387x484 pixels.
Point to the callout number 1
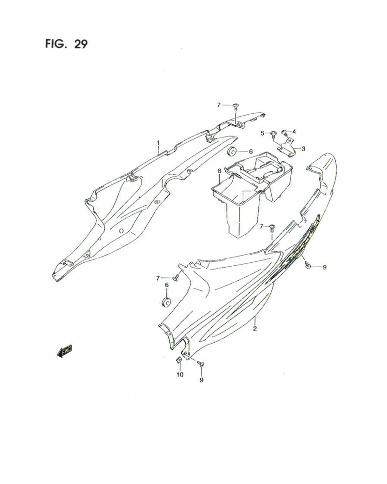(x=158, y=143)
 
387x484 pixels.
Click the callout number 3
(x=303, y=149)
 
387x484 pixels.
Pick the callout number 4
(x=294, y=131)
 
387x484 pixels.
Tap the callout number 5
(x=263, y=133)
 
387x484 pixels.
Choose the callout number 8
(x=219, y=171)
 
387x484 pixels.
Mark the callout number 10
(x=179, y=375)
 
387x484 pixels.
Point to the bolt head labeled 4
(x=284, y=131)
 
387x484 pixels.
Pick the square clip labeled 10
(x=179, y=360)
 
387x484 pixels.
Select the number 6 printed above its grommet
(x=167, y=285)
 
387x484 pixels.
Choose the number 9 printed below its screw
(x=201, y=380)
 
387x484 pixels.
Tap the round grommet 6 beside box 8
(x=232, y=151)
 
